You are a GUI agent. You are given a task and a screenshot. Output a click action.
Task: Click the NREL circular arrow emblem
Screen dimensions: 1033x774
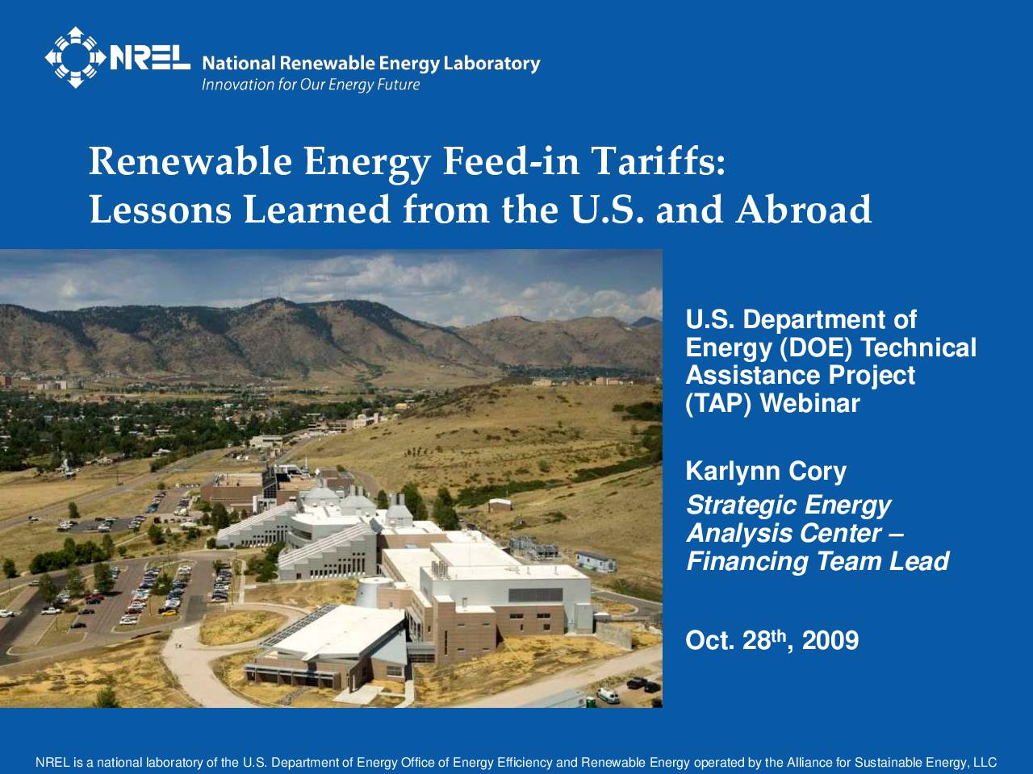pyautogui.click(x=75, y=57)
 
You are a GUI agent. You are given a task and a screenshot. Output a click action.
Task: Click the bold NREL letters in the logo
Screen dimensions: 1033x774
pyautogui.click(x=149, y=58)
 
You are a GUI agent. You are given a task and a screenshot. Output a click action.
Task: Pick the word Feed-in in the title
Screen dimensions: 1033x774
pyautogui.click(x=511, y=160)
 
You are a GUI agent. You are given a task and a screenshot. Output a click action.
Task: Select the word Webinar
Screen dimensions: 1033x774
pyautogui.click(x=810, y=403)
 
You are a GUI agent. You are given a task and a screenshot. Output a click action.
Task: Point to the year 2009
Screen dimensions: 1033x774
pyautogui.click(x=830, y=640)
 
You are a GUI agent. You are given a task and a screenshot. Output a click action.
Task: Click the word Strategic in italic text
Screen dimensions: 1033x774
pyautogui.click(x=740, y=506)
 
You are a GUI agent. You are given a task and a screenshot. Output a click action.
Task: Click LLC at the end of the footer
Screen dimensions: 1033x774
pyautogui.click(x=985, y=762)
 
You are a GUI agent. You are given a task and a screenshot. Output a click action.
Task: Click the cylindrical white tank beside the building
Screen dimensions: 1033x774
pyautogui.click(x=374, y=592)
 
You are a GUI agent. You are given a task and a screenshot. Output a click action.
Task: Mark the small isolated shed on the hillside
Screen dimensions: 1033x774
pyautogui.click(x=500, y=506)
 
